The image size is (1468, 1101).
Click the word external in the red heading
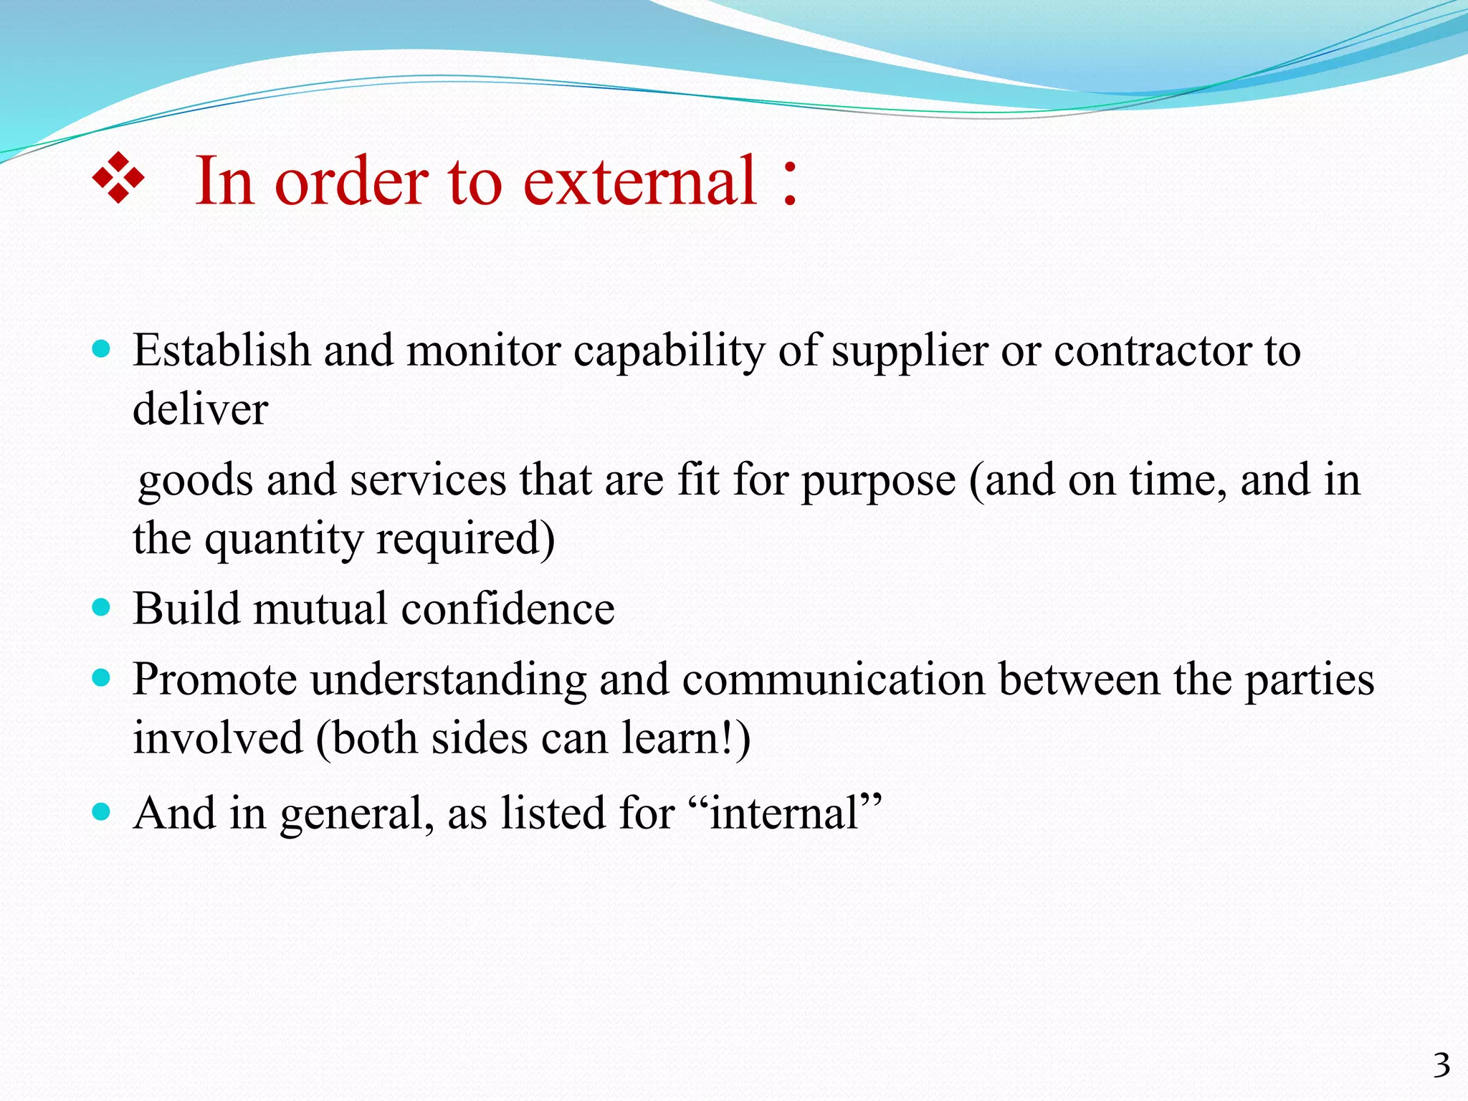pyautogui.click(x=639, y=182)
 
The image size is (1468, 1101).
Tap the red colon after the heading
pyautogui.click(x=789, y=184)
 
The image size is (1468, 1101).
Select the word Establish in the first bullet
pyautogui.click(x=221, y=351)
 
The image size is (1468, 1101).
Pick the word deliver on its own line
pyautogui.click(x=200, y=409)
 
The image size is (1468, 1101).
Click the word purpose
pyautogui.click(x=879, y=482)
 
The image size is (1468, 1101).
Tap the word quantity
pyautogui.click(x=284, y=540)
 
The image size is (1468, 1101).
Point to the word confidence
pyautogui.click(x=507, y=609)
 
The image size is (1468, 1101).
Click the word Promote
pyautogui.click(x=214, y=680)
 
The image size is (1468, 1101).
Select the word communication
pyautogui.click(x=834, y=680)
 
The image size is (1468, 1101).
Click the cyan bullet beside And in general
pyautogui.click(x=102, y=812)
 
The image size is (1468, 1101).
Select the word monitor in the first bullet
pyautogui.click(x=484, y=351)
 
